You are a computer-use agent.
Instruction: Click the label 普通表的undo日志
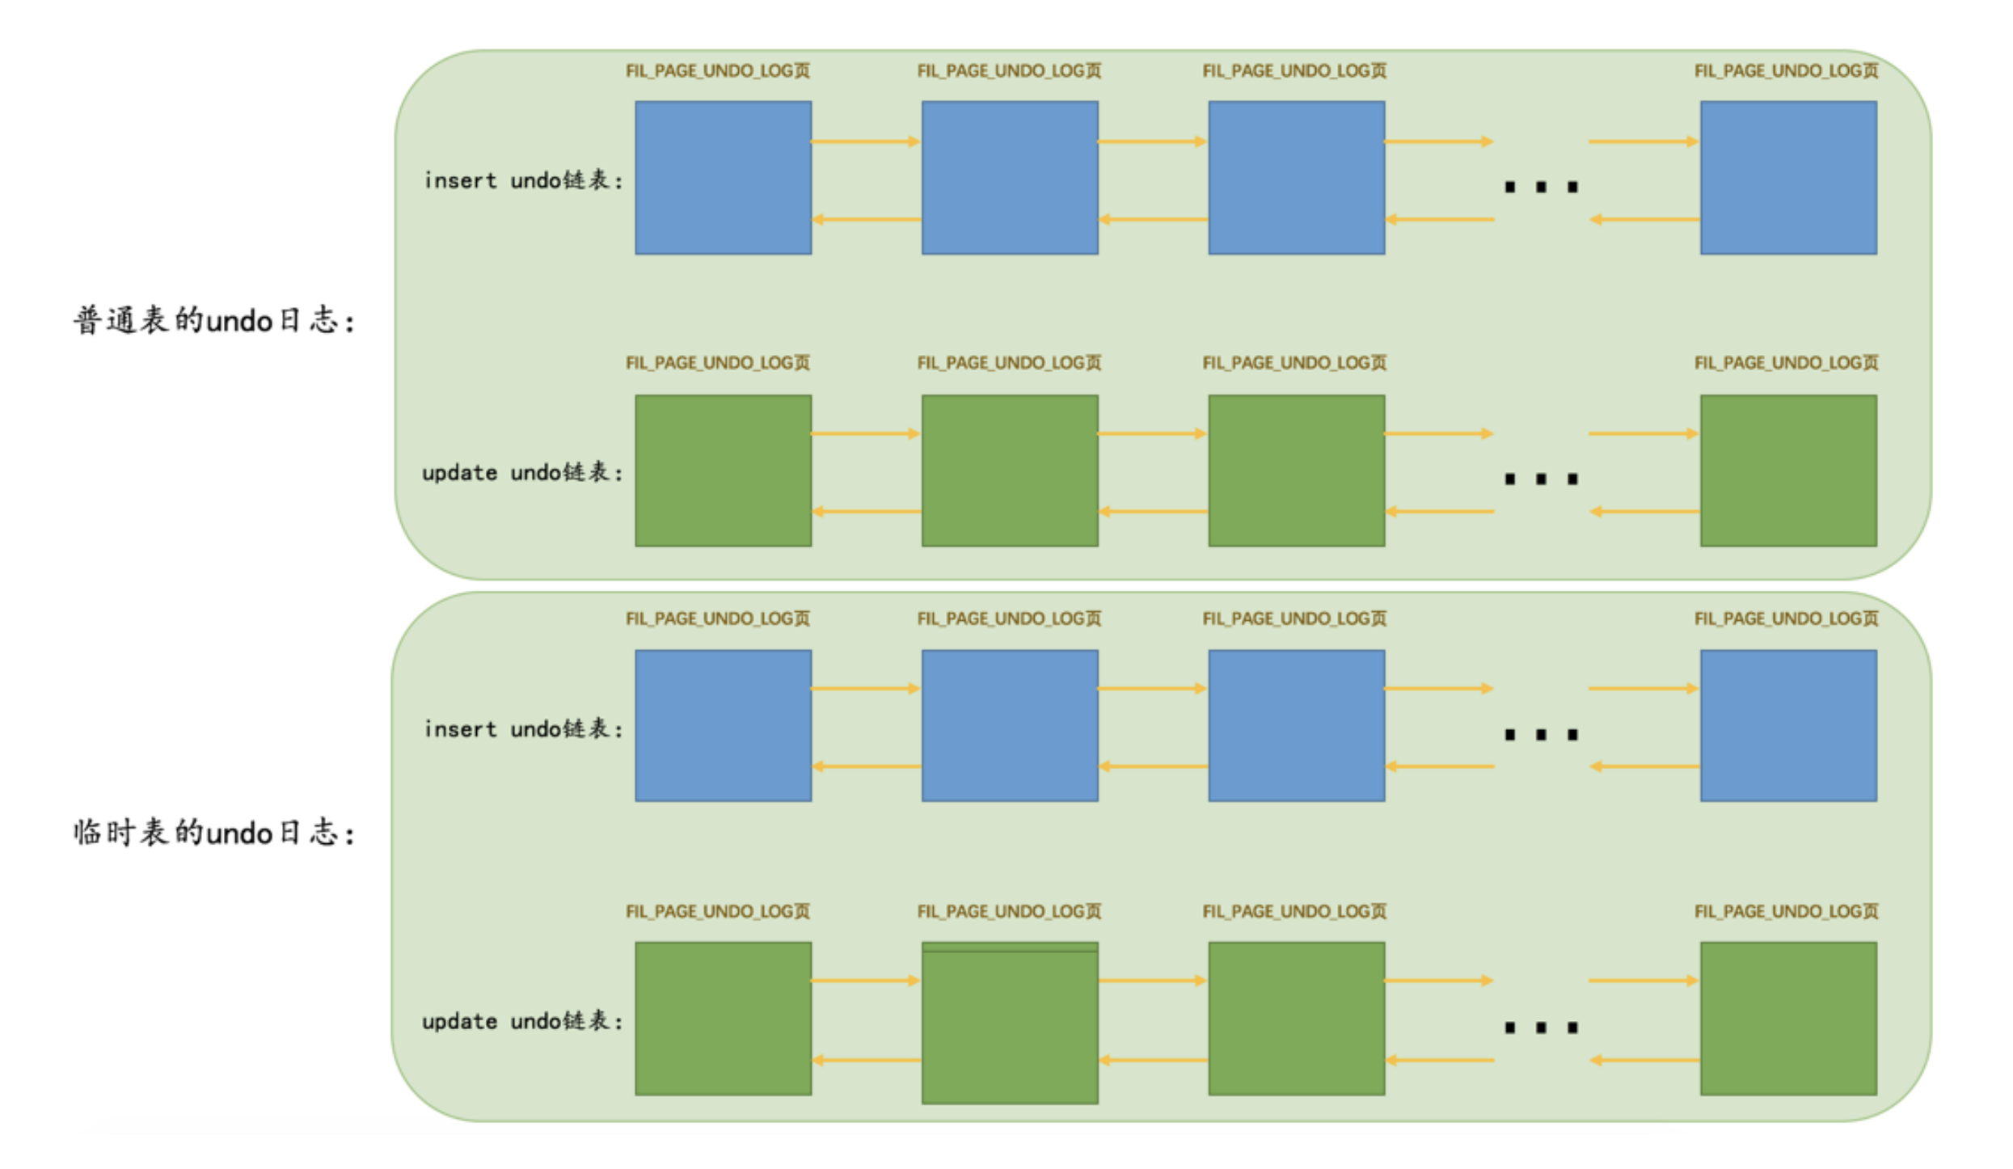point(214,321)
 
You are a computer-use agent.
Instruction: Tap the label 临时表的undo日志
point(214,833)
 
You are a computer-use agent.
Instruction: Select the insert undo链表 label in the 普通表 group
point(524,180)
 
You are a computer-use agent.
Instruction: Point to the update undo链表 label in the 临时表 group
point(523,1021)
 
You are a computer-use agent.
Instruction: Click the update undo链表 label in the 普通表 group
point(523,472)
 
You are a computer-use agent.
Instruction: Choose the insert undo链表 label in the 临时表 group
point(524,729)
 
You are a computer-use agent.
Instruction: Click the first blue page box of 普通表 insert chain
point(723,178)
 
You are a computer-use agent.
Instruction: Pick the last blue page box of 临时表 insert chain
point(1788,725)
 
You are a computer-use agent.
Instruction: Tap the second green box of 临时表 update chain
point(1010,1023)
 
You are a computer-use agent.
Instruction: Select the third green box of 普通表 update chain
point(1296,471)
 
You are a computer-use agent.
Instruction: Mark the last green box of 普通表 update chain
point(1788,471)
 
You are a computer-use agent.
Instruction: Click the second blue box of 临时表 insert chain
point(1010,725)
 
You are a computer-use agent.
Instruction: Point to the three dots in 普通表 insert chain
point(1541,188)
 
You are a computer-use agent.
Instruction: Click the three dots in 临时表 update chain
point(1541,1028)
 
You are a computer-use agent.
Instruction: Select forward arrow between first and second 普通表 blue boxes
point(866,141)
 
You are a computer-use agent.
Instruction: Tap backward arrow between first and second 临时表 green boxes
point(866,1060)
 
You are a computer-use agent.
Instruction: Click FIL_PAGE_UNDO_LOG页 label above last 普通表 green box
point(1786,363)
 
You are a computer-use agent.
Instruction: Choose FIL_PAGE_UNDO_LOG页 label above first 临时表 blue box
point(717,618)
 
